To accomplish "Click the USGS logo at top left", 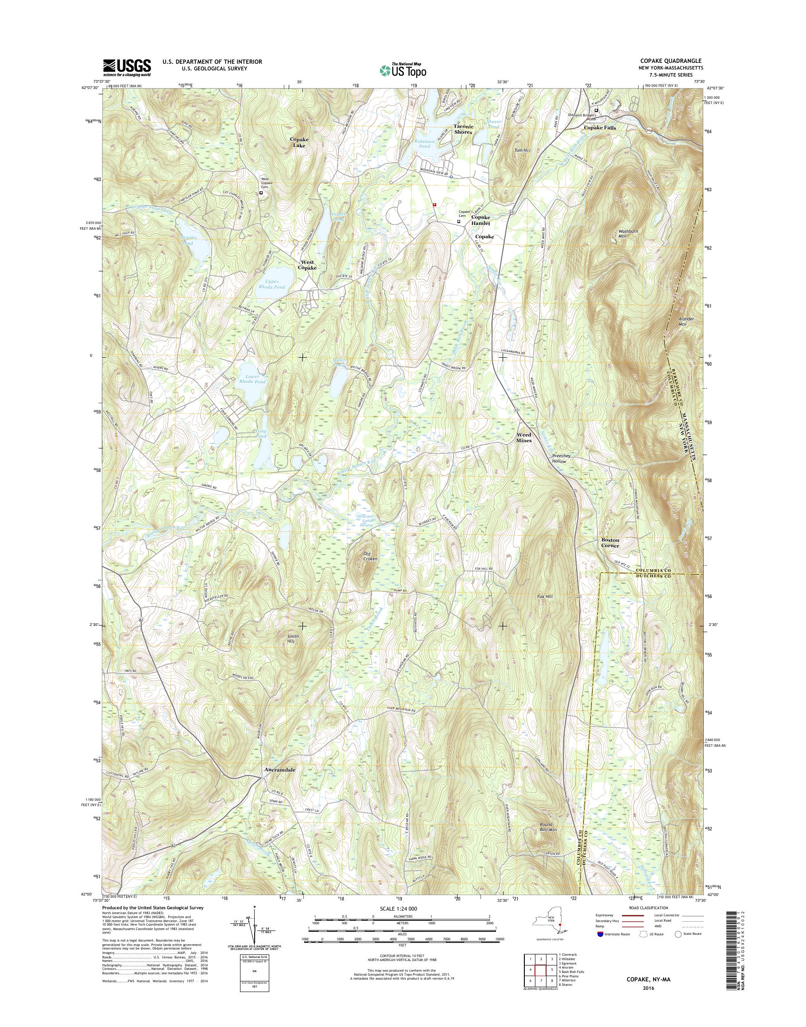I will click(127, 67).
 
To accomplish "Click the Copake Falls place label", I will click(600, 127).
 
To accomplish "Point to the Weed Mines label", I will click(523, 437).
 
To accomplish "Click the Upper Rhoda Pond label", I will click(269, 284).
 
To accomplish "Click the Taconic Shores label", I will click(462, 129).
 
